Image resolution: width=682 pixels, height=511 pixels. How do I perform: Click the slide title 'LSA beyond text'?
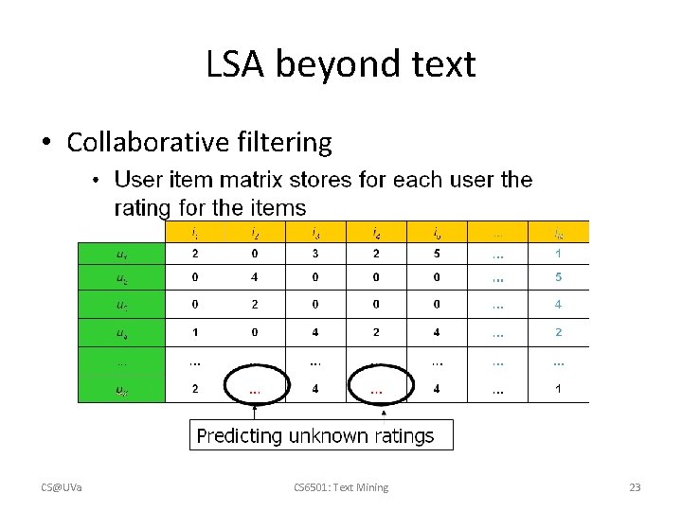341,64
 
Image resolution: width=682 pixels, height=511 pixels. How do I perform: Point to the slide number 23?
635,487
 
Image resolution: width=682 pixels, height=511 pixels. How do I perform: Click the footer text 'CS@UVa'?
61,487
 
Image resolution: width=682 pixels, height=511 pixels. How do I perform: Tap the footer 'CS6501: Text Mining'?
341,487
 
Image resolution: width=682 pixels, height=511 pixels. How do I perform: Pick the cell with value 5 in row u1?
437,254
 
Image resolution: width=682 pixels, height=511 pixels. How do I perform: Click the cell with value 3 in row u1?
315,254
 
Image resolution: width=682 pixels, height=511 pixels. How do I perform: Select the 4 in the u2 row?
255,278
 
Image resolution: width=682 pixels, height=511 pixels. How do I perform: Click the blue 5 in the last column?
559,278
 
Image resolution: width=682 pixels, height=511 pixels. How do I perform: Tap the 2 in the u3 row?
255,305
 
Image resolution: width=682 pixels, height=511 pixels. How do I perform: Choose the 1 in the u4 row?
194,332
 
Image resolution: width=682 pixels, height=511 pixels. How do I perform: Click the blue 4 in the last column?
559,305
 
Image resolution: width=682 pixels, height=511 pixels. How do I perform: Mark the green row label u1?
122,254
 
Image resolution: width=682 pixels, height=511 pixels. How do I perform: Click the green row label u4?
122,332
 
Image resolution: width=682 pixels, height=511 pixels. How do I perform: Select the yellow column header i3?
315,232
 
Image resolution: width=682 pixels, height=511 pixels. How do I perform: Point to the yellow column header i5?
437,232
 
